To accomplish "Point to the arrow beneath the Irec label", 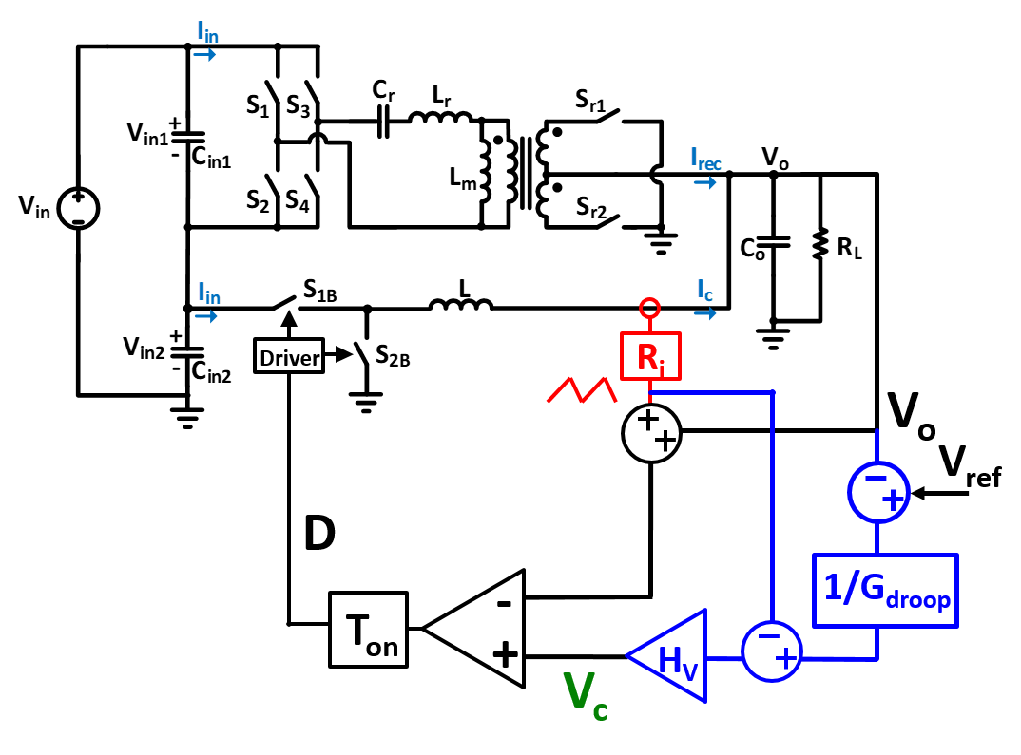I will coord(704,181).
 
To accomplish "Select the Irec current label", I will coord(705,159).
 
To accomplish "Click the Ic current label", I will coord(704,290).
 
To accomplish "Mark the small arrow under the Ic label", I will coord(704,312).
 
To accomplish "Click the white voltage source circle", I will coord(78,208).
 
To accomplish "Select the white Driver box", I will coord(289,356).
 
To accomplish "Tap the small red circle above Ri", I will coord(649,308).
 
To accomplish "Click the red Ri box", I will coord(650,356).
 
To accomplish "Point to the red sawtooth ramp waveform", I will coord(581,390).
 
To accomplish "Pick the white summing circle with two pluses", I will coord(651,433).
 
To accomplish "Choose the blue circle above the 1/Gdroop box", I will coord(877,492).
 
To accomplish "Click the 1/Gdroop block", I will coord(885,590).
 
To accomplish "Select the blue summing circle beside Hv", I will coord(771,651).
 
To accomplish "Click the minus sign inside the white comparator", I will coord(505,604).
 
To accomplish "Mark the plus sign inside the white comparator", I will coord(505,653).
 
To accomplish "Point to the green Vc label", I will coord(585,696).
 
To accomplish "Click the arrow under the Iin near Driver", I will coord(206,316).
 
